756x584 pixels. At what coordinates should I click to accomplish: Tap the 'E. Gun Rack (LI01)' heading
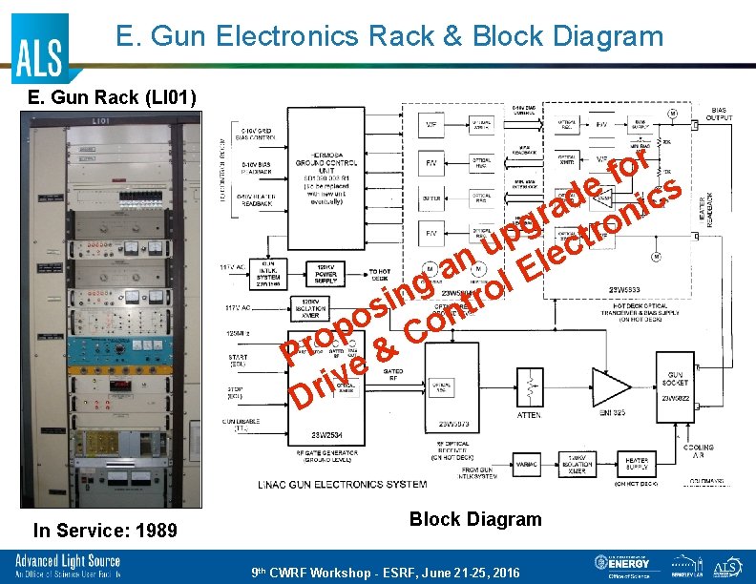[112, 97]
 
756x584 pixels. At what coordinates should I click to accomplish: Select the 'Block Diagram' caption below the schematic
[474, 519]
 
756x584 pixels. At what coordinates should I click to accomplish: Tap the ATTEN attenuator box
[528, 391]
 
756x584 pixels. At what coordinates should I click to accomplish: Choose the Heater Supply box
[638, 464]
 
